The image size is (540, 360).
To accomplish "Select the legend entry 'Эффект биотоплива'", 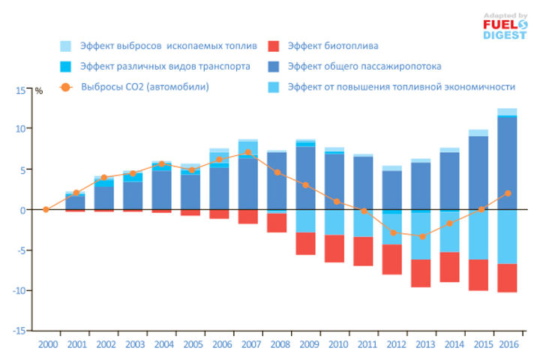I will click(x=335, y=46).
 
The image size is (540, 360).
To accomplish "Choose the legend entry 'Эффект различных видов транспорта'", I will click(x=165, y=66).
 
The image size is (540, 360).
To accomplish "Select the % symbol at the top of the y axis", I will click(x=39, y=91).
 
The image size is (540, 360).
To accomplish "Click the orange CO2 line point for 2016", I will click(x=508, y=193).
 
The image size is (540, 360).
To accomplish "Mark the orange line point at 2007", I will click(x=248, y=152).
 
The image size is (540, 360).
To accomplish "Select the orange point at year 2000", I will click(x=46, y=209).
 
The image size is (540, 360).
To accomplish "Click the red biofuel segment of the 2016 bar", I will click(x=508, y=277).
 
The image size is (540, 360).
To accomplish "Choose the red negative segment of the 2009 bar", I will click(x=305, y=244).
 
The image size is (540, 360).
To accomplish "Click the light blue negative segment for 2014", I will click(x=449, y=231).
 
